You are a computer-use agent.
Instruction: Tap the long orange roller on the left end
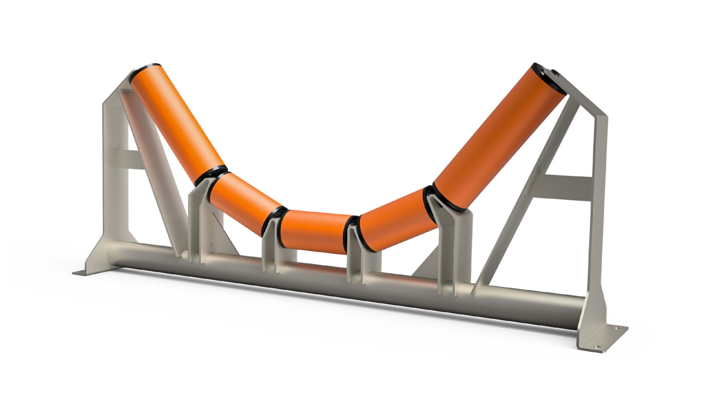pos(177,123)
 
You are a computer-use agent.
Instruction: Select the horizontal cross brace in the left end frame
pos(128,159)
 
